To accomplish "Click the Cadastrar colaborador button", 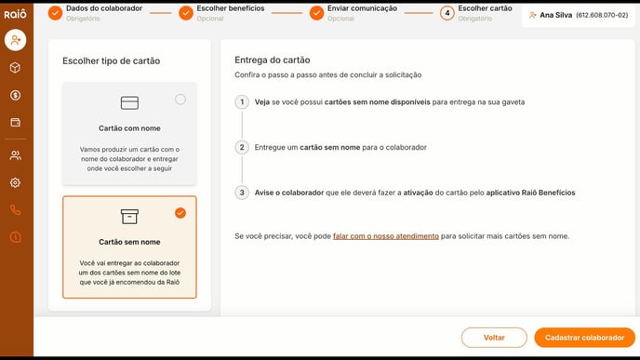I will pos(584,338).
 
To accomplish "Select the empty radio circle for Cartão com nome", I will pos(180,100).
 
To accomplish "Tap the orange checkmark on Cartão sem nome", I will pos(180,213).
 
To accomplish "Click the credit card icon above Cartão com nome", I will pos(129,102).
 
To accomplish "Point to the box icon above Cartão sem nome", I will pos(129,216).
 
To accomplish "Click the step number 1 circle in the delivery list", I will pos(242,102).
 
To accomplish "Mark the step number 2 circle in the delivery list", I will pos(242,147).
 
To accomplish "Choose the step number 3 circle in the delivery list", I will pos(242,193).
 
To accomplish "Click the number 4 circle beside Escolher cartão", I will pos(447,13).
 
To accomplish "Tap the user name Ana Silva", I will pos(556,15).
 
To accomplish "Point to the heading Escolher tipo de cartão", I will pos(112,60).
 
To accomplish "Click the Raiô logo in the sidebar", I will pos(15,12).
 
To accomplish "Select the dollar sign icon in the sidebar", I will pos(16,95).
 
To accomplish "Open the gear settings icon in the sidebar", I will pos(16,183).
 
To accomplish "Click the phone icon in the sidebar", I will pos(16,210).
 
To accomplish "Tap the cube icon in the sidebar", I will pos(16,68).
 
